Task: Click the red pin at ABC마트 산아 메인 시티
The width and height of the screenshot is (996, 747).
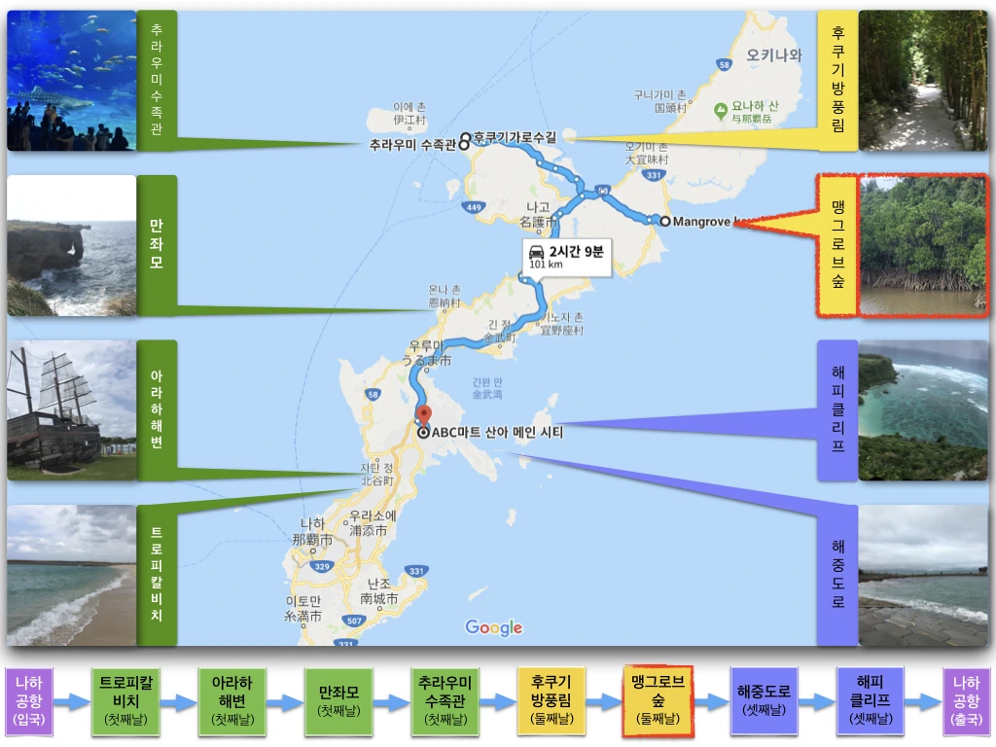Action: [423, 415]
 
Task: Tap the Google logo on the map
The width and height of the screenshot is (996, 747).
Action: [493, 627]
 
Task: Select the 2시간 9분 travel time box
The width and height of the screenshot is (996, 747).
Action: [566, 257]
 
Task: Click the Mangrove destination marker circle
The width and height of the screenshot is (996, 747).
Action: [664, 222]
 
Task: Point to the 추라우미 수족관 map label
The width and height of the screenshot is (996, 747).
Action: [412, 146]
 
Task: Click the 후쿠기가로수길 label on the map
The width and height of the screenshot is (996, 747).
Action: [515, 137]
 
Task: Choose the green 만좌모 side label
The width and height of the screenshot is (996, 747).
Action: [157, 244]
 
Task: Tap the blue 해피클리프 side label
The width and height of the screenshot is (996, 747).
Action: [837, 409]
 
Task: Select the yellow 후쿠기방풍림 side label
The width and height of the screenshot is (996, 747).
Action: [837, 81]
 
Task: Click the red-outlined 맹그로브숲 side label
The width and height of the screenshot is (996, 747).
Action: [837, 245]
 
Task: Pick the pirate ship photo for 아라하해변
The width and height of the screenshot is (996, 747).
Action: [71, 410]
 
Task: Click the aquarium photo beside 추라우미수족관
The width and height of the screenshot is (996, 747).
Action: [71, 81]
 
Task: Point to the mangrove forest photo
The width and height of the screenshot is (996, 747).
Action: [923, 245]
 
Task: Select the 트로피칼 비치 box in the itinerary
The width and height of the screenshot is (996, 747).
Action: [125, 700]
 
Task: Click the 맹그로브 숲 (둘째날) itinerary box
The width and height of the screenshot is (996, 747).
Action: [658, 700]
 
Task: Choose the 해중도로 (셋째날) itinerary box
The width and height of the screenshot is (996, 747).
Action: [764, 700]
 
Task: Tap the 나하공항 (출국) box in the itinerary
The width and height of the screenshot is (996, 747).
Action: [966, 700]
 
